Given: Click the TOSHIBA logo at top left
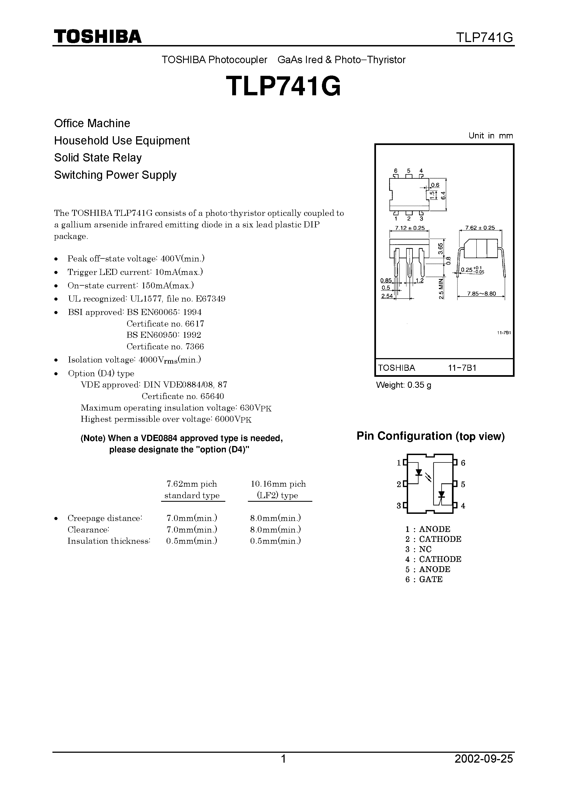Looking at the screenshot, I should pyautogui.click(x=97, y=36).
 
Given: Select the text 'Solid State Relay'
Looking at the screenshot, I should pyautogui.click(x=98, y=158).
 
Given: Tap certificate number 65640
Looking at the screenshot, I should pyautogui.click(x=212, y=396).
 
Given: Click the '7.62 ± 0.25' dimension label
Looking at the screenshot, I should pyautogui.click(x=480, y=228).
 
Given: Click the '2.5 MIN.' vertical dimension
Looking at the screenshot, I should pyautogui.click(x=441, y=289).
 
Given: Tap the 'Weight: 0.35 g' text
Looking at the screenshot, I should pyautogui.click(x=403, y=385).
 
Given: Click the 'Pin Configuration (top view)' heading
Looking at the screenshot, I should pyautogui.click(x=430, y=436).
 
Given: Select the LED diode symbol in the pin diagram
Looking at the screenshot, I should pyautogui.click(x=419, y=473).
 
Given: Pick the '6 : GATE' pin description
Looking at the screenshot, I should pyautogui.click(x=424, y=579).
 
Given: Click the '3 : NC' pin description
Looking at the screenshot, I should pyautogui.click(x=419, y=549).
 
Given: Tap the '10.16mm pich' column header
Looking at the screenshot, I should pyautogui.click(x=278, y=484).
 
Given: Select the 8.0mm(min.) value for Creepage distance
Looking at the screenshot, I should pyautogui.click(x=276, y=518).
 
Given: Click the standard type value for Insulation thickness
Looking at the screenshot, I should pyautogui.click(x=192, y=541).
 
